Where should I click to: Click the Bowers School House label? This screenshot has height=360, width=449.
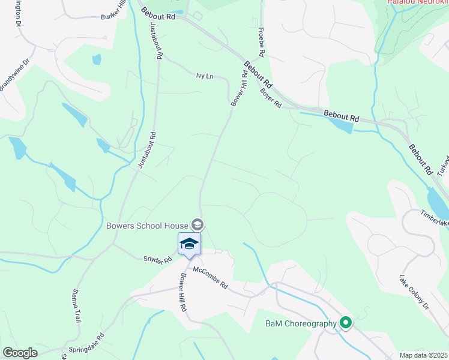click(x=146, y=226)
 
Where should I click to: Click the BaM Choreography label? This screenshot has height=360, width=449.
click(x=301, y=324)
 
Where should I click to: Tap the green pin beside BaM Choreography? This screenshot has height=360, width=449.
click(x=345, y=323)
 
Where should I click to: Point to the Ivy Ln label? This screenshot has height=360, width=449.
click(x=205, y=76)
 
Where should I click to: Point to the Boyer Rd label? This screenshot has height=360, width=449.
click(x=271, y=98)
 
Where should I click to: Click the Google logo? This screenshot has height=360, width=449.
click(x=19, y=353)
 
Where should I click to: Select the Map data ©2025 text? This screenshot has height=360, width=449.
click(x=423, y=355)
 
